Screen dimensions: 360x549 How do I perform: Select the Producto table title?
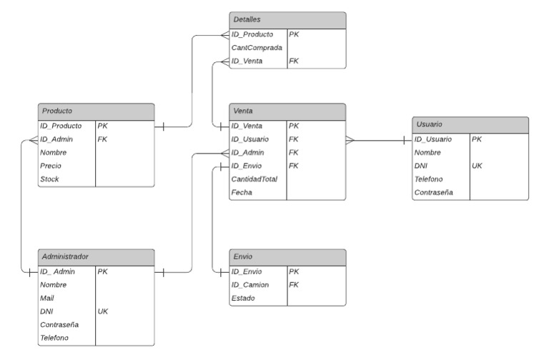(56, 111)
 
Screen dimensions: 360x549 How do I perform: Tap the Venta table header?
(244, 111)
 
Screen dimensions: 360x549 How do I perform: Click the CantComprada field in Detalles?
(257, 48)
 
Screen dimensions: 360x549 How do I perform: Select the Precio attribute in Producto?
(51, 166)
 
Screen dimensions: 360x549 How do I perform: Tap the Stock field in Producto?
(49, 179)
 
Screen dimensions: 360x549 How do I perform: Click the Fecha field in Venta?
(242, 193)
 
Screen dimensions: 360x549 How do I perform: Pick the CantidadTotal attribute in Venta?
(254, 179)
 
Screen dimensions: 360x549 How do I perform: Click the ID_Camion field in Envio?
(250, 285)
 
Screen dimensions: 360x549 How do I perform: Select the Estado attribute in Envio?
(243, 298)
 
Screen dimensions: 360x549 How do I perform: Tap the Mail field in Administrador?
(48, 298)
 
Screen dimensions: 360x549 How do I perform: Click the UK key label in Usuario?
(477, 166)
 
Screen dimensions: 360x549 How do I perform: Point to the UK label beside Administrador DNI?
(102, 311)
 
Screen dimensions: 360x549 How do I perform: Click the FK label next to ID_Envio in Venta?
(293, 166)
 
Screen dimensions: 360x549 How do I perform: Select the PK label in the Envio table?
(293, 271)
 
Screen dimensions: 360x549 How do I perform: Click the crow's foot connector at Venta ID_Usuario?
(350, 140)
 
